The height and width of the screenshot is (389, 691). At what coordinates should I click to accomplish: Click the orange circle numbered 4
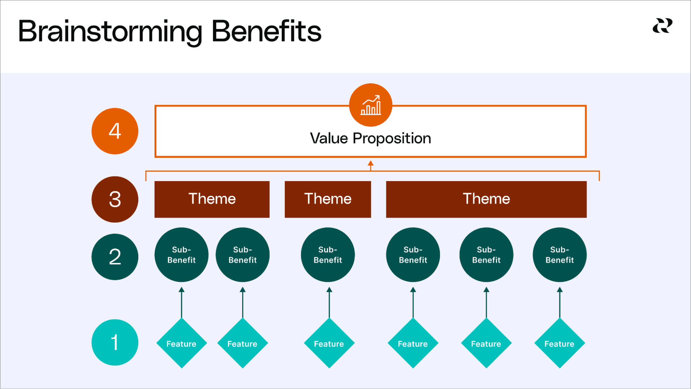click(115, 131)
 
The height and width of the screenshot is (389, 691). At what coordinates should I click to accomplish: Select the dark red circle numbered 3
click(115, 199)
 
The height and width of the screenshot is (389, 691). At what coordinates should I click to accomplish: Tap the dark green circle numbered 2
click(115, 257)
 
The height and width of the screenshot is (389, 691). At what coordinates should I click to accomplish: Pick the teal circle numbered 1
click(115, 342)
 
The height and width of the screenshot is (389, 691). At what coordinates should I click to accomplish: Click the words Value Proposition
click(370, 139)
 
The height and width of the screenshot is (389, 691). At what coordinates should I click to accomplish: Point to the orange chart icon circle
click(371, 105)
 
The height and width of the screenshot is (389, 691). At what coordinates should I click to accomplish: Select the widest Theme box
click(486, 199)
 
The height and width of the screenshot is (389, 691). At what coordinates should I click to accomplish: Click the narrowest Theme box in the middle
click(328, 199)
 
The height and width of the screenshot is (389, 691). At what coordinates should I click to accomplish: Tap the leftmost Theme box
click(212, 199)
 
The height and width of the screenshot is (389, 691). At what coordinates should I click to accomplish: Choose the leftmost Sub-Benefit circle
click(181, 255)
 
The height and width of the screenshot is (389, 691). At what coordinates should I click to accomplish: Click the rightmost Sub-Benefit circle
click(559, 255)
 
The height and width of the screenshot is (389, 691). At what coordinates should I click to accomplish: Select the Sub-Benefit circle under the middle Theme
click(328, 255)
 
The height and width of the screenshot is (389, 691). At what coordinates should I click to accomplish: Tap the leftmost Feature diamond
click(181, 343)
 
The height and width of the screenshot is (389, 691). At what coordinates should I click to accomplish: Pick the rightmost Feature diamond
click(559, 343)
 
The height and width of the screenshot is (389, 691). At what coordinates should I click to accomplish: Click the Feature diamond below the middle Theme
click(329, 343)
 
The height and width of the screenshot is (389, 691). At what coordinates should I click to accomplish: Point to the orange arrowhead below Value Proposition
click(371, 163)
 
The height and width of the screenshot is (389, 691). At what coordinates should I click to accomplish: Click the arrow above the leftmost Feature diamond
click(181, 302)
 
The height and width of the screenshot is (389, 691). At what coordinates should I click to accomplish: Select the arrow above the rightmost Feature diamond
click(560, 302)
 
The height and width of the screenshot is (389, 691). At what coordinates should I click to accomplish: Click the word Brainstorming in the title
click(110, 32)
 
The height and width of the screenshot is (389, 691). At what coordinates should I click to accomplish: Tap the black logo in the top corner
click(662, 26)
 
